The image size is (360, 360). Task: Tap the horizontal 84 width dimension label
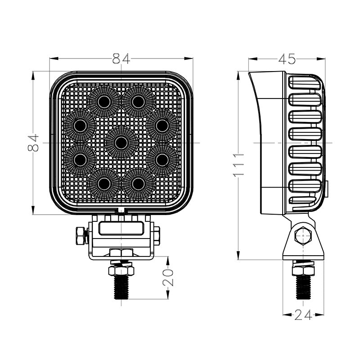coord(121,58)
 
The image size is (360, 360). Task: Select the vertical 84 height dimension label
coord(33,143)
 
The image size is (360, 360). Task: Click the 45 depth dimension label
coord(287,59)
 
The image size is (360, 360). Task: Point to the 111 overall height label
coord(238,165)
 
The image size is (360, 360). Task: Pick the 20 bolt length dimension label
coord(168,278)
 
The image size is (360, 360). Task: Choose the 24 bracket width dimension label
coord(303,315)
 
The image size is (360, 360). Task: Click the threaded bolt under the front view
coord(121,287)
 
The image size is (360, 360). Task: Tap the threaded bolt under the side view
coord(303,288)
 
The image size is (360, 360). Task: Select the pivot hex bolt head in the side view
coord(303,236)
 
